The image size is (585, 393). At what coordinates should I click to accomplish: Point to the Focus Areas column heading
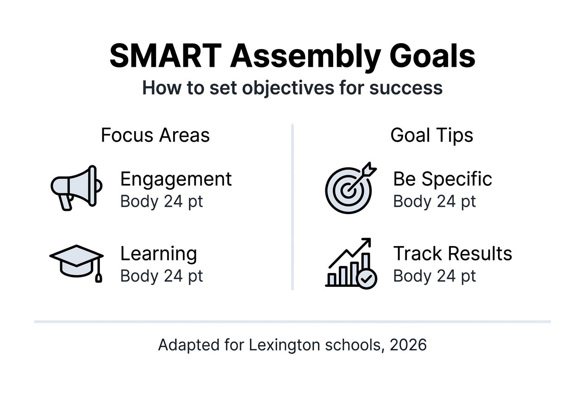tap(155, 135)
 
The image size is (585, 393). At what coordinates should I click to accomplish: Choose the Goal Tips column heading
tap(431, 135)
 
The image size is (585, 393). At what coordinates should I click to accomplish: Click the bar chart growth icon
tap(350, 263)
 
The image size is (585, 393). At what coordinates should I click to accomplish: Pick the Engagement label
tap(176, 179)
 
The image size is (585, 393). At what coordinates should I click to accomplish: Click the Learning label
tap(158, 254)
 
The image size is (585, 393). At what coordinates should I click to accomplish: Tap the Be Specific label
tap(442, 179)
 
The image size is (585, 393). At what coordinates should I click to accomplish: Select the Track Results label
tap(452, 254)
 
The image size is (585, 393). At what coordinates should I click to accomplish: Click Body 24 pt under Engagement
tap(162, 202)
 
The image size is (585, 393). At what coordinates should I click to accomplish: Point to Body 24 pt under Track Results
tap(434, 276)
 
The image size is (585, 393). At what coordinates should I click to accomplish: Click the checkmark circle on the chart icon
tap(367, 279)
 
